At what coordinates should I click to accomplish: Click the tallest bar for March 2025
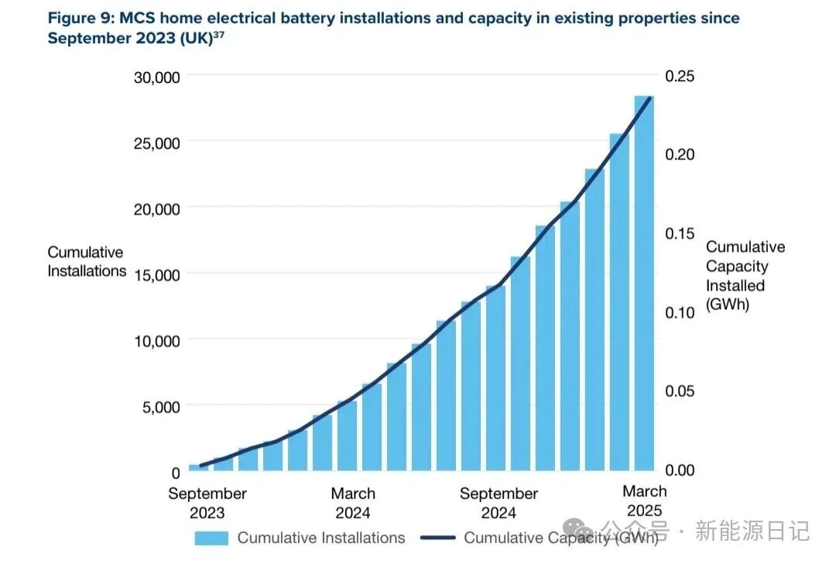tap(644, 283)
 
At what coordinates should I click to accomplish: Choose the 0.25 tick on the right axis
tap(680, 76)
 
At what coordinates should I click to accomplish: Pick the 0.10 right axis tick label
tap(680, 312)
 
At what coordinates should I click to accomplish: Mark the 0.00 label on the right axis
tap(680, 469)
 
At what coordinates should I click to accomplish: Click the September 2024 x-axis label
tap(499, 503)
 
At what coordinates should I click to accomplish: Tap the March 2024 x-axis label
tap(353, 503)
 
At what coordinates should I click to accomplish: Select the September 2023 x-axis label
tap(207, 503)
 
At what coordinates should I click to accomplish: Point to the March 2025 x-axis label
tap(645, 500)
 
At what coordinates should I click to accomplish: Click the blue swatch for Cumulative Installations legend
tap(211, 538)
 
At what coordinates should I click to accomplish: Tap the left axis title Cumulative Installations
tap(87, 262)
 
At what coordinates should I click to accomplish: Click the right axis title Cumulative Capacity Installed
tap(745, 276)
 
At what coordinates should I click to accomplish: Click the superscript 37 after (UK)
tap(218, 34)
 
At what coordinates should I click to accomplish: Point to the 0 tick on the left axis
tap(175, 471)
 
